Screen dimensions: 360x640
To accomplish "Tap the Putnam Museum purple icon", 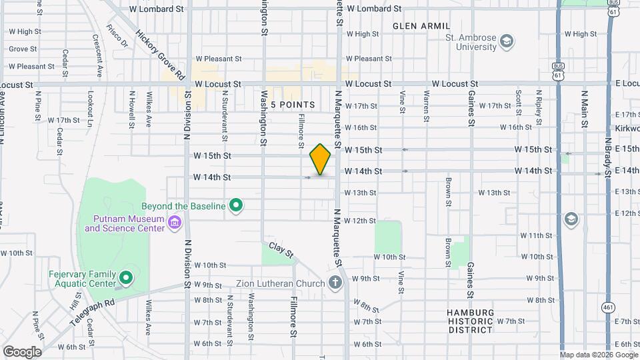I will (175, 222).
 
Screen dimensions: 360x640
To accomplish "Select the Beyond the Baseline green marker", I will (235, 207).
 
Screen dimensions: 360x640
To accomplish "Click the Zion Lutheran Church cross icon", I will (335, 283).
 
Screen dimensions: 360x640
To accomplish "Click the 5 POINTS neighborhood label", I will (293, 105).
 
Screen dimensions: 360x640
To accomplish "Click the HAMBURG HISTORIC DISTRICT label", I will (471, 321).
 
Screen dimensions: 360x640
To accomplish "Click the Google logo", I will (22, 351).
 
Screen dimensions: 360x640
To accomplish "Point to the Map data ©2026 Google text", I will (598, 355).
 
